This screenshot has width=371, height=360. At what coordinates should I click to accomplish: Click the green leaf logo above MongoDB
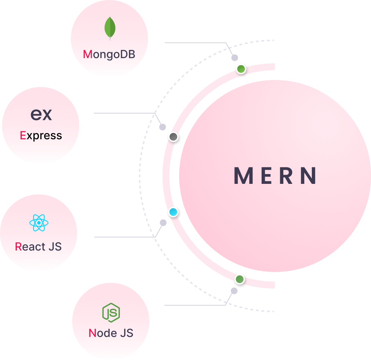point(110,28)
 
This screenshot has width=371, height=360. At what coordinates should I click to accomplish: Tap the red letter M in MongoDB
point(88,55)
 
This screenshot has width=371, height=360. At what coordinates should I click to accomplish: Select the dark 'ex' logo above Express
point(41,114)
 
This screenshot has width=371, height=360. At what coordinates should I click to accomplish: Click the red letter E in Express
point(23,136)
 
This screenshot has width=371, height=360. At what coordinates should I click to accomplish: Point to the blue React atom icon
point(39,223)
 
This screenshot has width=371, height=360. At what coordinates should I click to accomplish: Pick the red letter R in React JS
point(18,247)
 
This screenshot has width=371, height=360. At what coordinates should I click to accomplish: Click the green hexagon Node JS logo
point(111,312)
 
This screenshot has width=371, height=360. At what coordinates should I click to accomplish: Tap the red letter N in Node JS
point(92,333)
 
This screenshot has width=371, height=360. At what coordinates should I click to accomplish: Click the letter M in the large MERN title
point(243,176)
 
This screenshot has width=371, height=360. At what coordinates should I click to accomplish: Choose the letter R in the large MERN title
point(287,176)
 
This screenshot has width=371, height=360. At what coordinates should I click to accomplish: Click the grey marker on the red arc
point(173,136)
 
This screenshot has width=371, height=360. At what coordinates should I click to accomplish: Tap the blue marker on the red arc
point(173,212)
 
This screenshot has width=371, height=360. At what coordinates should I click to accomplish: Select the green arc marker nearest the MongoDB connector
point(241,69)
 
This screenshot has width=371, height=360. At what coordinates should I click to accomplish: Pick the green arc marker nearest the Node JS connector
point(240,279)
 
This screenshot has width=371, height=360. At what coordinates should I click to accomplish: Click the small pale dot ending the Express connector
point(163,127)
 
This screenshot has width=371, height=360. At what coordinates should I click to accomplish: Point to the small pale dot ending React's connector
point(163,222)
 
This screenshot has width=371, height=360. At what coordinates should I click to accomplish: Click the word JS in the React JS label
point(55,247)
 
